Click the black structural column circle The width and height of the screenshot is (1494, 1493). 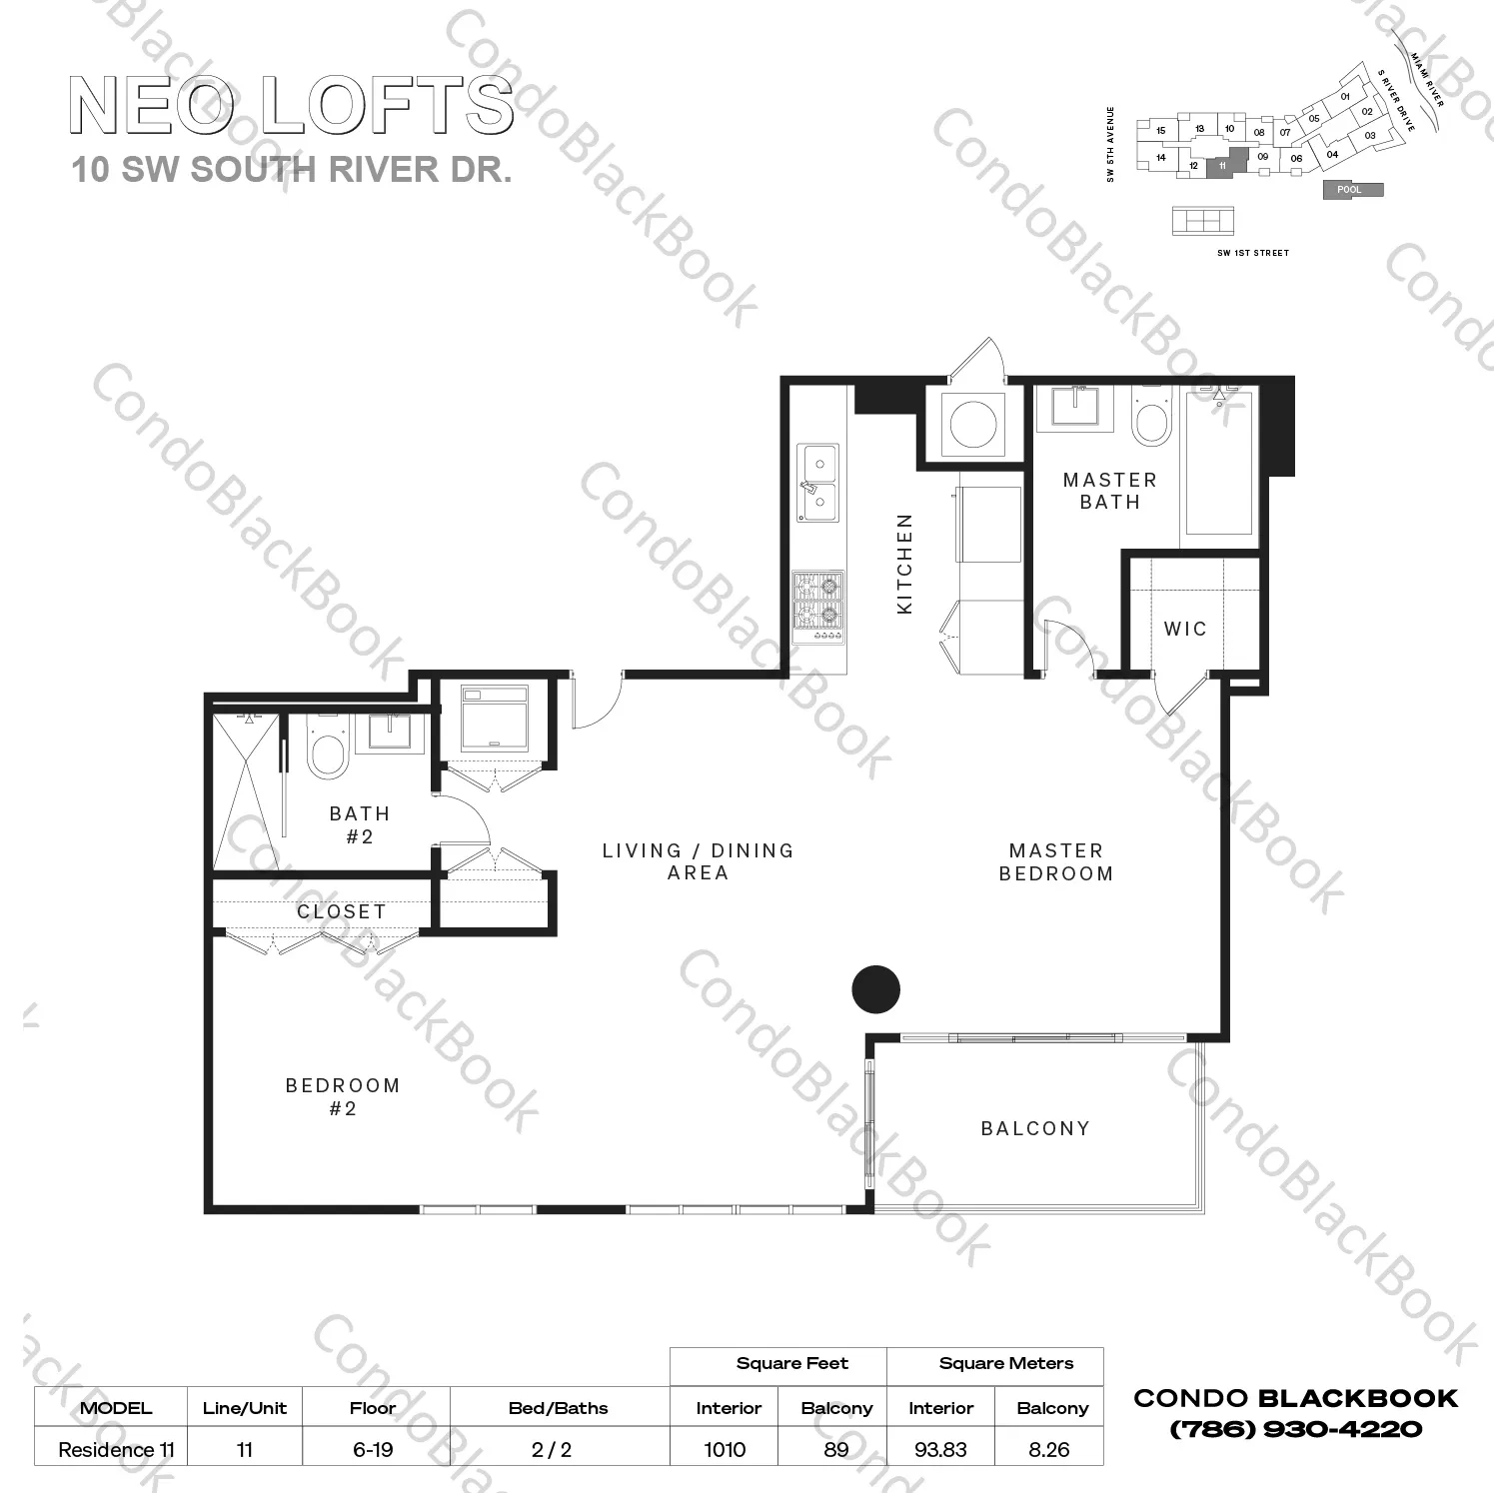(875, 989)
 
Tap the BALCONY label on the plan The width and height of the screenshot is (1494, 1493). (1035, 1128)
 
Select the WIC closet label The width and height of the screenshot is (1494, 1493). (1185, 629)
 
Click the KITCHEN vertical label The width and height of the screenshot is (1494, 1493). (905, 564)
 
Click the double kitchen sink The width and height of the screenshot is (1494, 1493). (818, 483)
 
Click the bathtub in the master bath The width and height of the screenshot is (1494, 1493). (1219, 465)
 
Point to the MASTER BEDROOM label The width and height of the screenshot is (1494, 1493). (1056, 861)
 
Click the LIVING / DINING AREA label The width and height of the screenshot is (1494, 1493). (698, 861)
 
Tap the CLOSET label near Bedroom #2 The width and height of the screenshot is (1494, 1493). (341, 911)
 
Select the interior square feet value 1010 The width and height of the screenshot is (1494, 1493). (725, 1449)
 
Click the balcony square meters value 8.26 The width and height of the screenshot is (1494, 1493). (1049, 1449)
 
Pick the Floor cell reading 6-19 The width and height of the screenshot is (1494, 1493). (373, 1449)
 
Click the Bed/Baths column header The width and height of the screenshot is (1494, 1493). (558, 1408)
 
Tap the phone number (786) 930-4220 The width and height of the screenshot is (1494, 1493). (1295, 1429)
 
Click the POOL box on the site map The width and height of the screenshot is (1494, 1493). (1352, 189)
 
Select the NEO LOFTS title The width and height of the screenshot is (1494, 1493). (291, 106)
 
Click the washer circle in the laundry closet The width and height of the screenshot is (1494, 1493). (973, 425)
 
